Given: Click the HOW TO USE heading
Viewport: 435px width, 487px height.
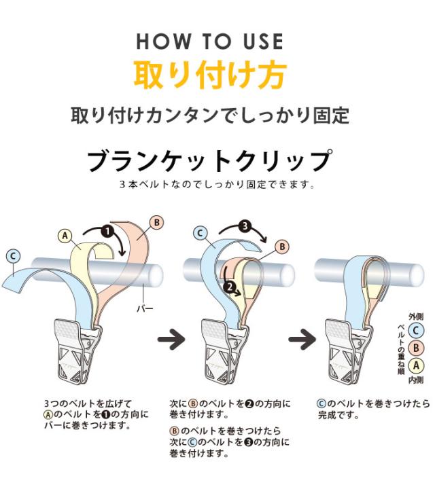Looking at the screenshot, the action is click(x=210, y=41).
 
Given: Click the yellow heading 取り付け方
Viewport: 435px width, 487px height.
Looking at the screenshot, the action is click(x=210, y=75).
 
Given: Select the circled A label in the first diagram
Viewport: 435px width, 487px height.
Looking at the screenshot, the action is click(x=65, y=236).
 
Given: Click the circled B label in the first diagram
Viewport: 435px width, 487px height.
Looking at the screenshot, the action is click(x=156, y=223).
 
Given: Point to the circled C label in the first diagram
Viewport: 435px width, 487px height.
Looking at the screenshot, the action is click(x=13, y=257).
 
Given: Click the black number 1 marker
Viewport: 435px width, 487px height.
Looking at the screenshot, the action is click(x=107, y=232).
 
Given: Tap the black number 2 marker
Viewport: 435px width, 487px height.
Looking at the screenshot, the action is click(x=230, y=287).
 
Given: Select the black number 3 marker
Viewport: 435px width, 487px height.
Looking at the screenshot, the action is click(x=245, y=226).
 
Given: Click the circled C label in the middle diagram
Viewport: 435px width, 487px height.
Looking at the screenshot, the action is click(x=201, y=233).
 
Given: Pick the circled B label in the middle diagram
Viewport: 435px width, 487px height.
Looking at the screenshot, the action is click(x=283, y=247).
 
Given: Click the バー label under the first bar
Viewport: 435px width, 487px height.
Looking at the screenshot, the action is click(x=145, y=309).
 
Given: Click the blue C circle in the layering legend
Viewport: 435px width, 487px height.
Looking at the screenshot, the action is click(x=416, y=331).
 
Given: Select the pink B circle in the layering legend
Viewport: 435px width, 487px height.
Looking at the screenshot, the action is click(x=416, y=348).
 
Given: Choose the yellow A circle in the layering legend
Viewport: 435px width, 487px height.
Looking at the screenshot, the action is click(x=416, y=365).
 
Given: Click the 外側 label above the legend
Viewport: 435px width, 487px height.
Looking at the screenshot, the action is click(x=416, y=317).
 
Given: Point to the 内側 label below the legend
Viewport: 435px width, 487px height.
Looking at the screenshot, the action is click(x=416, y=380).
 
